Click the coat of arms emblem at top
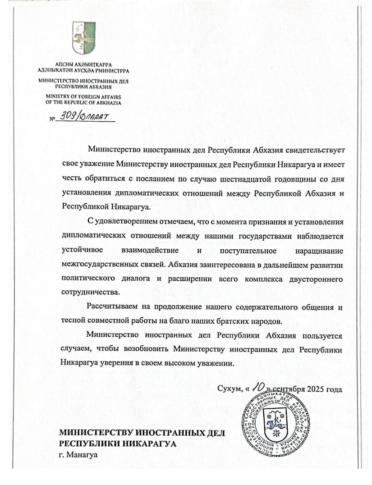click(x=83, y=38)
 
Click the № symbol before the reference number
click(x=52, y=119)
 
